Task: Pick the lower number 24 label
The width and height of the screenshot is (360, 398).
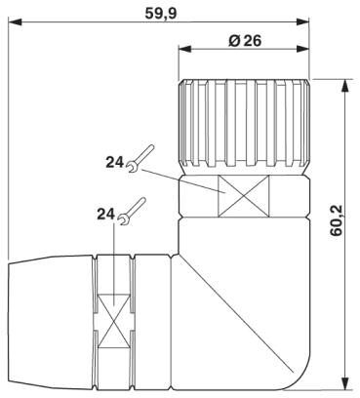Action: tap(105, 213)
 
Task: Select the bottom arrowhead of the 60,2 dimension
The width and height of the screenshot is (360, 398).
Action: tap(346, 378)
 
